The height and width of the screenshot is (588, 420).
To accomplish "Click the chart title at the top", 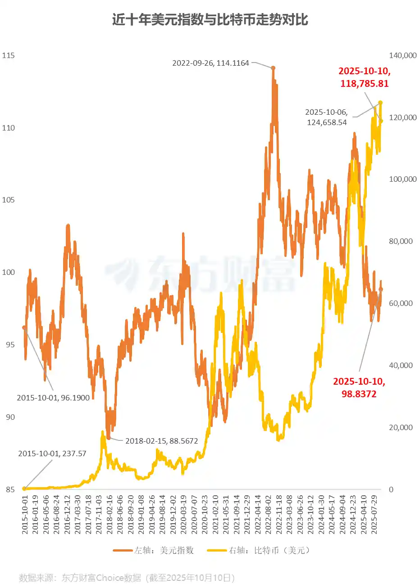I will pos(210,20).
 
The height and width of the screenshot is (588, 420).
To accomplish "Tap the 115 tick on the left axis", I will pos(9,55).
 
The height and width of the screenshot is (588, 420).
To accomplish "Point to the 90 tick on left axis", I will pos(10,417).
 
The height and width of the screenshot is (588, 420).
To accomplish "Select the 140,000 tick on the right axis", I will pos(402,55).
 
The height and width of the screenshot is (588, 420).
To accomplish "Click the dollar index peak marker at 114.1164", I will pos(273,68).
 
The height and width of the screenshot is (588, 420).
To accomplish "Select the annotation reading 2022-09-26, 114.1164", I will pos(210,63).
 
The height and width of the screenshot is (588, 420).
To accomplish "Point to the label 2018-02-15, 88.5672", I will pos(161,441).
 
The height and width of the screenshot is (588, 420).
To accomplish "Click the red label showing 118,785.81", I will pos(364,77).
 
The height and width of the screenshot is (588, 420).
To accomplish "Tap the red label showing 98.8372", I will pos(359,388).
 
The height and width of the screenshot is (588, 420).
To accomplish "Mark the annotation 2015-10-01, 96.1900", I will pos(53,398).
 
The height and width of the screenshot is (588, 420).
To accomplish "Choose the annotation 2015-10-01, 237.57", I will pos(52,453).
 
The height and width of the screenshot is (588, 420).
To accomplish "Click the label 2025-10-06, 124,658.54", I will pos(327,117).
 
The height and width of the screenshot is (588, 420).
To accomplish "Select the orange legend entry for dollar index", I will pos(153,550).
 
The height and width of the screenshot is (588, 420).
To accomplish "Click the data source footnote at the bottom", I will pos(127,578).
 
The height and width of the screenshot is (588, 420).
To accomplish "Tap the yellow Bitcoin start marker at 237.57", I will pos(24,489).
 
